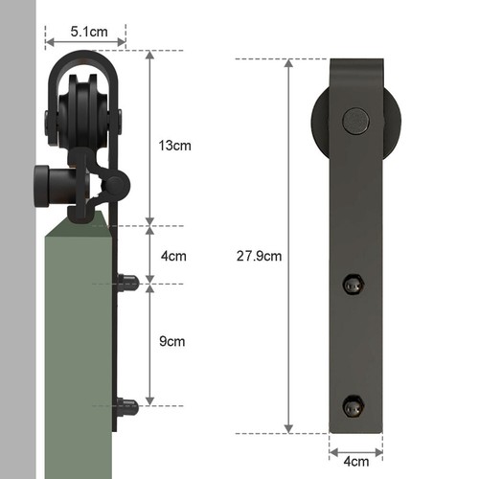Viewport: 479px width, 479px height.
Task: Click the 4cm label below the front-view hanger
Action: click(355, 463)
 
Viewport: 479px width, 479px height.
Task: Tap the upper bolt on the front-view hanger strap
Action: click(354, 285)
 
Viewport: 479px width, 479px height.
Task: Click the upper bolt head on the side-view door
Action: click(128, 283)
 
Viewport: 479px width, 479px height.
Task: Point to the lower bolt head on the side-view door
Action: click(128, 406)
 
